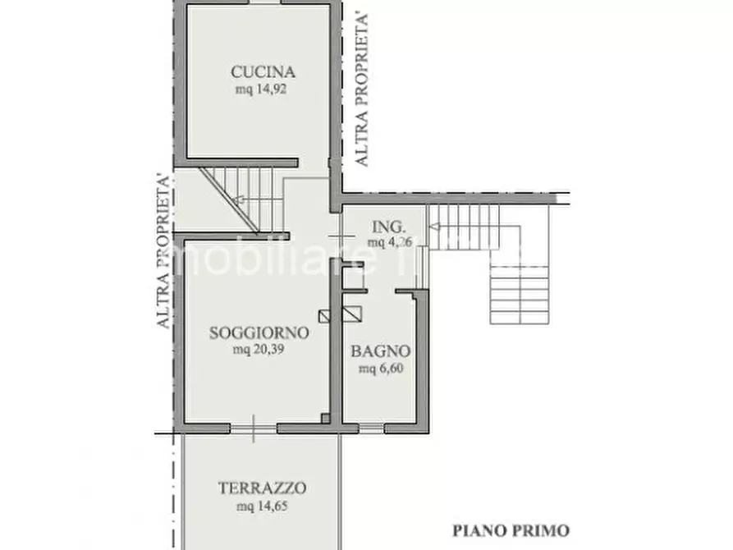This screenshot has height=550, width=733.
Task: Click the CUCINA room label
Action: [262, 71]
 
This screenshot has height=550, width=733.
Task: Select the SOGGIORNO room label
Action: [259, 333]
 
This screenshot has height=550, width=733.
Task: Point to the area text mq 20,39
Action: [259, 351]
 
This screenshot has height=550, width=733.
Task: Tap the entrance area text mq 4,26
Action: [389, 242]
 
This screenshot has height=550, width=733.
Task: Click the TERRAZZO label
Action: [263, 488]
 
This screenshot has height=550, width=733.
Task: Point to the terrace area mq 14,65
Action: [263, 506]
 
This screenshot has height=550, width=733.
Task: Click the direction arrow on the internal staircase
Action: [239, 199]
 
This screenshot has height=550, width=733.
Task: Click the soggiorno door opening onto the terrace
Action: [254, 428]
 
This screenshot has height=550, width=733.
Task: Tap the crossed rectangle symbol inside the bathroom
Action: [352, 313]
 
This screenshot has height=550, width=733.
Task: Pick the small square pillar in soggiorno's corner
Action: [326, 419]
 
